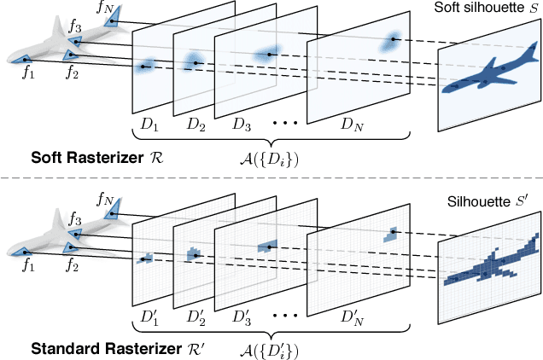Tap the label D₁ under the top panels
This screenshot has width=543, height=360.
149,125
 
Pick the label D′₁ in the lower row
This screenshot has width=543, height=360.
149,317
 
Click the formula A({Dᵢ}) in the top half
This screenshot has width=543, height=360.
270,159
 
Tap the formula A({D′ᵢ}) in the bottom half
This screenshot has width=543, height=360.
270,350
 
